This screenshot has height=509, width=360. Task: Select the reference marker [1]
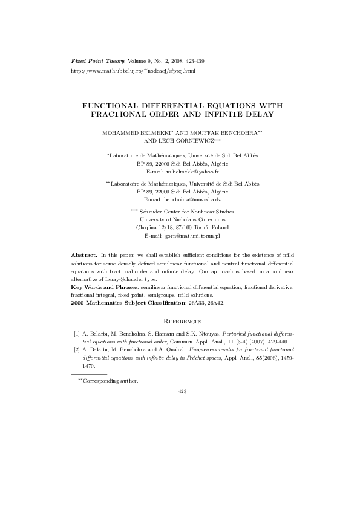(x=77, y=333)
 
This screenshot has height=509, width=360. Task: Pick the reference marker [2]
(x=77, y=350)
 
